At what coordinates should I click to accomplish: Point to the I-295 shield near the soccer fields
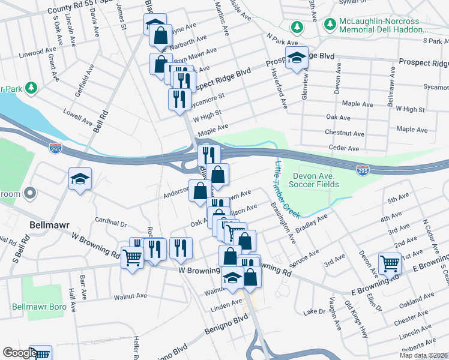[363, 170]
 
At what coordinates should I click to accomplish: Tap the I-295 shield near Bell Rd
[55, 146]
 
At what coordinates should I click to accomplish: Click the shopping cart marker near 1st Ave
[390, 262]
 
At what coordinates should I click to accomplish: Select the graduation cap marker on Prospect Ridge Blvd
[296, 58]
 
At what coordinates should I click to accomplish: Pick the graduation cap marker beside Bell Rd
[80, 178]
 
